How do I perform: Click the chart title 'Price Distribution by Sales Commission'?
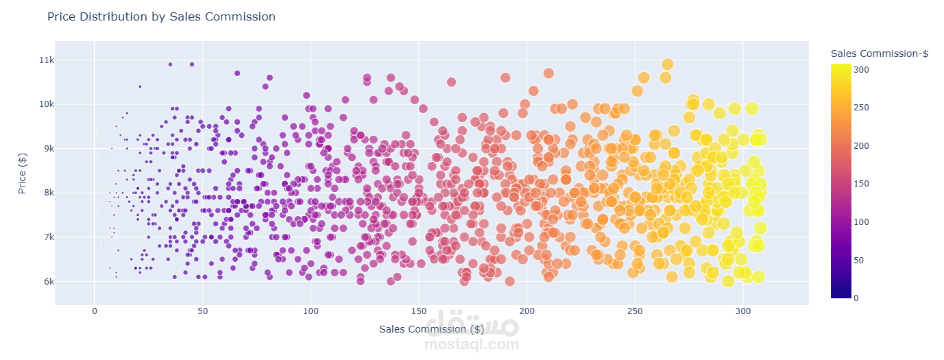tap(161, 16)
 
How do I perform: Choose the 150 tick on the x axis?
tap(419, 312)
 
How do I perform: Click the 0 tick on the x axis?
tap(95, 312)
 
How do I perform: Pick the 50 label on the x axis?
tap(203, 312)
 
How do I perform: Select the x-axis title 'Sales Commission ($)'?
tap(431, 329)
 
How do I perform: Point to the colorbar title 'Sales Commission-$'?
tap(879, 53)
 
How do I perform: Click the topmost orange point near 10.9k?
tap(667, 64)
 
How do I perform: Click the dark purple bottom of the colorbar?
tap(840, 293)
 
